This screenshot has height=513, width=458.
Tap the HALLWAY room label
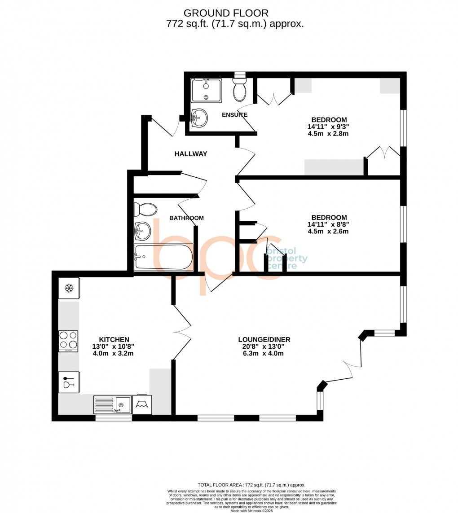(x=191, y=154)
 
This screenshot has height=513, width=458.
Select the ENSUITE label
(x=234, y=115)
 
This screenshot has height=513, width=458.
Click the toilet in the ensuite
(x=240, y=91)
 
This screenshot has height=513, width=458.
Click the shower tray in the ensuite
(x=206, y=91)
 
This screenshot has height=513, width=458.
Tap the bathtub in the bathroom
(x=163, y=257)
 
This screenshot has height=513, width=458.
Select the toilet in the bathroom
(x=146, y=209)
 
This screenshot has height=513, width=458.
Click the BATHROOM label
(x=186, y=218)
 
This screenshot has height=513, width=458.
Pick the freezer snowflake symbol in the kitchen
(x=69, y=288)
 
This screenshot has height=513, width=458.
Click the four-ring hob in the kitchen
(x=68, y=341)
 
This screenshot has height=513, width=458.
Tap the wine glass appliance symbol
(x=69, y=382)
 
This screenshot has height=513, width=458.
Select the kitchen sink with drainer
(x=112, y=404)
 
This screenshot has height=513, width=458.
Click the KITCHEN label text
(x=114, y=340)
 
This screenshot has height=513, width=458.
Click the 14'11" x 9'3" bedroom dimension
(x=329, y=127)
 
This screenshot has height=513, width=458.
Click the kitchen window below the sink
(x=114, y=418)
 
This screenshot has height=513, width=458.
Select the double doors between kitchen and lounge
(x=182, y=332)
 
